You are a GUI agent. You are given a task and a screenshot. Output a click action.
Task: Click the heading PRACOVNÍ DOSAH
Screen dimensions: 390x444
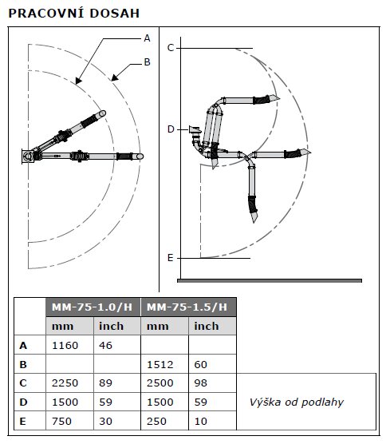[x=74, y=14]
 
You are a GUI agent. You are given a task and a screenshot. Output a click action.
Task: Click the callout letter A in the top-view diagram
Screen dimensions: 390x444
[x=147, y=38]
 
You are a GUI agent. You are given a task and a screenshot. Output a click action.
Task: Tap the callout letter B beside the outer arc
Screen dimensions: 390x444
[x=147, y=62]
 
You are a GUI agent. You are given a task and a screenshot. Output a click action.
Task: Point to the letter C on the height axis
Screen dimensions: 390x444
[x=171, y=48]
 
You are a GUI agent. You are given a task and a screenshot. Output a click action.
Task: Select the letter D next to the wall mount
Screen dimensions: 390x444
[x=171, y=129]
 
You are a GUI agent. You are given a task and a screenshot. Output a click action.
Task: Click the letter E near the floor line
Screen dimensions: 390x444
[x=170, y=258]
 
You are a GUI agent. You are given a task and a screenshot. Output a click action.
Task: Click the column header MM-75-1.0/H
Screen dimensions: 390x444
[x=93, y=307]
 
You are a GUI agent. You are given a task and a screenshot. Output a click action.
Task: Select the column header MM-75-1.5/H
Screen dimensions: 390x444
[x=187, y=307]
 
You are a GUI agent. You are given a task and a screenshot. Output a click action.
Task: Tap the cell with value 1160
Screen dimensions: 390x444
[x=65, y=346]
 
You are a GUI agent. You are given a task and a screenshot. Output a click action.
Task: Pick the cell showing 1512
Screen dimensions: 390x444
[x=160, y=364]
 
